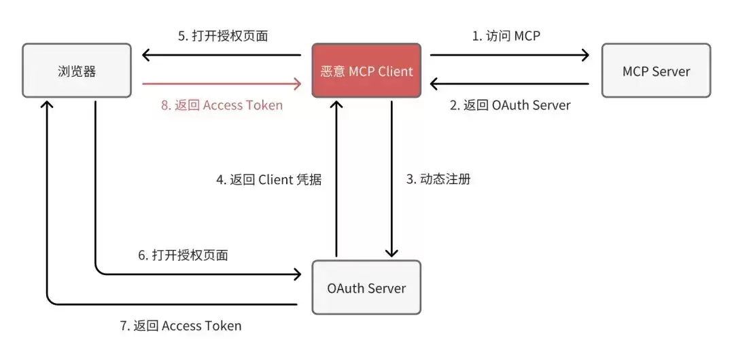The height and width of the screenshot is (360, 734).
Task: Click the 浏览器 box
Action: pos(77,71)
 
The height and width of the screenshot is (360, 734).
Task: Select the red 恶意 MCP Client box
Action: pos(366,71)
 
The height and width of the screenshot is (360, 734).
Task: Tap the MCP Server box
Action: pos(656,71)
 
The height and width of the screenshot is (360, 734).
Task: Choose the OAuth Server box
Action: pos(366,287)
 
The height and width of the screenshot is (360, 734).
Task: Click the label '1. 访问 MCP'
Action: pos(506,35)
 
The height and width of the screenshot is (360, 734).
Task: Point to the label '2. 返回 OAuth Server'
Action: pos(510,105)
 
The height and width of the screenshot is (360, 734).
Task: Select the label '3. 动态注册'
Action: pos(438,179)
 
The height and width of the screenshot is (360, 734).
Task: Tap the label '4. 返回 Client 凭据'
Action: pos(268,179)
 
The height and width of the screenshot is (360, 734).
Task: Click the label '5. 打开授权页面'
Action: pos(223,36)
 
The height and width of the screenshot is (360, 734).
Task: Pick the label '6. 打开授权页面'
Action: pos(183,255)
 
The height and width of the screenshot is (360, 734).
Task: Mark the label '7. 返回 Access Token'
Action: pos(181,326)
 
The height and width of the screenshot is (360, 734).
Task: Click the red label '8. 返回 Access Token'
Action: pos(222,105)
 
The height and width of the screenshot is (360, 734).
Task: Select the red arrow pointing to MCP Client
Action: pos(222,84)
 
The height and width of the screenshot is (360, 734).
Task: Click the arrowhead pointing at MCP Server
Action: pos(585,55)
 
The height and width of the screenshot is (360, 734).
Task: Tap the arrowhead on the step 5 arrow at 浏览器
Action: pos(146,55)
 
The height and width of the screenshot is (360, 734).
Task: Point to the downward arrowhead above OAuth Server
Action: pos(392,252)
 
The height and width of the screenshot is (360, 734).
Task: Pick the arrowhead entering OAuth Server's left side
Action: pos(297,274)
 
